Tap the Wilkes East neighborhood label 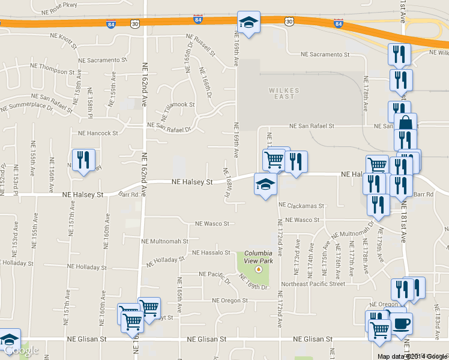pos(281,93)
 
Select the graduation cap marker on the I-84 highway pos(249,23)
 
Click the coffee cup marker pos(402,323)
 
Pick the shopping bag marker pos(406,124)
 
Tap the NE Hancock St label pos(98,133)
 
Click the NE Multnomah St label pos(164,241)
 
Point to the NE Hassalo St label pos(211,253)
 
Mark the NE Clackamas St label pos(305,206)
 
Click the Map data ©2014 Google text pos(412,356)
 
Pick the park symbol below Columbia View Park pos(258,269)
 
